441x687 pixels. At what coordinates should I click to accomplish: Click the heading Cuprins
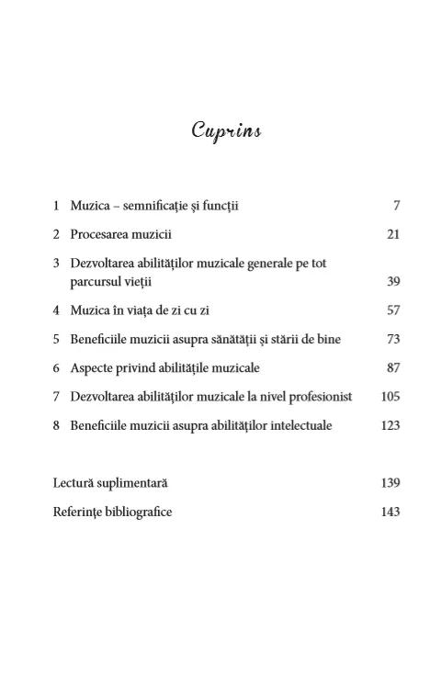[226, 131]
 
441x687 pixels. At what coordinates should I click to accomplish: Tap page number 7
[396, 207]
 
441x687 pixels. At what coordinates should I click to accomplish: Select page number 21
[393, 234]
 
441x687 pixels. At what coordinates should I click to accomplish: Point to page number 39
[393, 281]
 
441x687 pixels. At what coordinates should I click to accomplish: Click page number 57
[393, 310]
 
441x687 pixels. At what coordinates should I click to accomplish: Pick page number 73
[393, 339]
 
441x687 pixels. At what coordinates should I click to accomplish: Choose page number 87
[393, 367]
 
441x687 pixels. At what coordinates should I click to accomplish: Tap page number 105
[390, 397]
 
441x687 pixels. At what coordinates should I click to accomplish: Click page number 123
[390, 425]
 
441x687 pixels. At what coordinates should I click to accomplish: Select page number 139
[390, 482]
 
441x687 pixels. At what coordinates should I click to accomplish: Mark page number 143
[390, 512]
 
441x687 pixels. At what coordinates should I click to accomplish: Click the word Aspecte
[93, 367]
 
